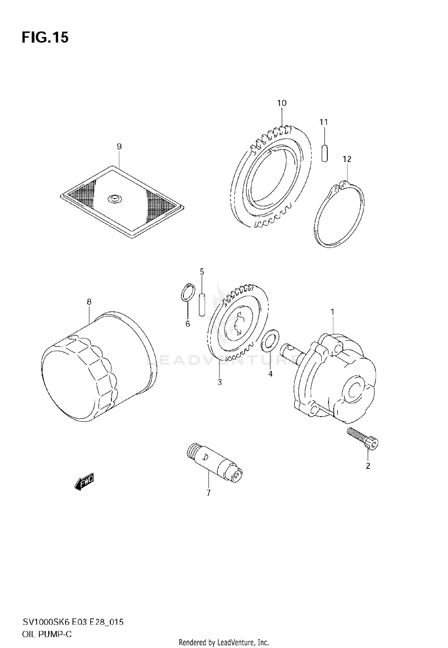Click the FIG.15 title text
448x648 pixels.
click(x=45, y=38)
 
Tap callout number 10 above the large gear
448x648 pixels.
click(x=282, y=103)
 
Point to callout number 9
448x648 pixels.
click(x=119, y=146)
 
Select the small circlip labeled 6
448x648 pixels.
click(x=188, y=292)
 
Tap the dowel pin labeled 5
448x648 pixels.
click(x=202, y=304)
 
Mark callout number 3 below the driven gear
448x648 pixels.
click(x=220, y=382)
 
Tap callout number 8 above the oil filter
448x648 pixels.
click(x=89, y=302)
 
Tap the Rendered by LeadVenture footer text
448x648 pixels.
click(x=224, y=642)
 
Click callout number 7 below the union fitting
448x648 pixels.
click(x=208, y=493)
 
